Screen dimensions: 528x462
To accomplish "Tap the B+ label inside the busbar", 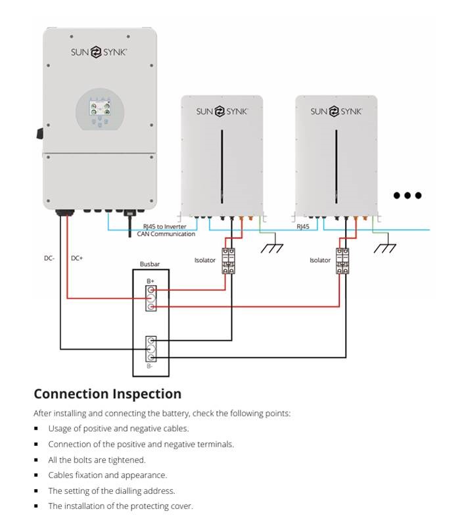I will (150, 281).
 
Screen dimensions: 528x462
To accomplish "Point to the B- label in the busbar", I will (150, 366).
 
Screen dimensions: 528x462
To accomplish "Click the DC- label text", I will (49, 258).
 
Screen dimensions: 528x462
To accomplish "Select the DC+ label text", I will (77, 258).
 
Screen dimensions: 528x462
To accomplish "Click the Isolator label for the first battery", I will (204, 260).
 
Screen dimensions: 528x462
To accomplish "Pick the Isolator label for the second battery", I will (320, 260).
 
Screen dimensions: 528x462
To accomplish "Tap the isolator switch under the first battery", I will (229, 261).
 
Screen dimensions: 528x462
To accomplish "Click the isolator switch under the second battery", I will (342, 261).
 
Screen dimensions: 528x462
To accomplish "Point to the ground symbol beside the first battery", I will (271, 248).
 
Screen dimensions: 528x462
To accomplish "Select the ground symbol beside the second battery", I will (385, 248).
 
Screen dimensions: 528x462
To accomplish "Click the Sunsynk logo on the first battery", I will (221, 112).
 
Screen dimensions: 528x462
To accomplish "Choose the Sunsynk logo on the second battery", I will (336, 112).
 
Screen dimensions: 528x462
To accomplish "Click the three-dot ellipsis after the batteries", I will (407, 195).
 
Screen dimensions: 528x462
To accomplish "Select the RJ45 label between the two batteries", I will (303, 227).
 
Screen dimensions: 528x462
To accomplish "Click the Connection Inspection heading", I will (107, 394).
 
